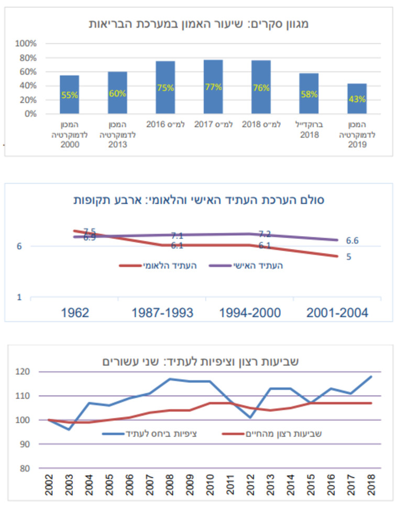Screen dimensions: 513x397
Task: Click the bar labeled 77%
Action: point(213,87)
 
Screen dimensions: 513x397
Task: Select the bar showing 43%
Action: point(357,98)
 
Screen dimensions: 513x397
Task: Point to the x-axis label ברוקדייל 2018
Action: point(309,130)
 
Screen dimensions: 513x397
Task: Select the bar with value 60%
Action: point(117,93)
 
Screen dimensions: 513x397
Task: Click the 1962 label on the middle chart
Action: point(74,313)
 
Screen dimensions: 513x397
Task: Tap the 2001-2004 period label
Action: point(338,313)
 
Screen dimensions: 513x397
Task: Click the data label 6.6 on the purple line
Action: point(352,241)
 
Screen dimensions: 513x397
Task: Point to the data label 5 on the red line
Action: point(348,256)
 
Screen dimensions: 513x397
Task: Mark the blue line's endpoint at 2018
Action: point(371,376)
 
